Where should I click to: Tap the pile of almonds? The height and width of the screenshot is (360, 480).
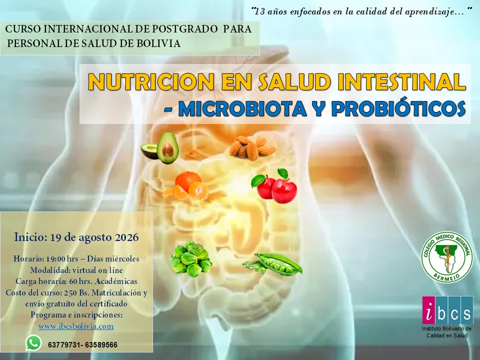252,148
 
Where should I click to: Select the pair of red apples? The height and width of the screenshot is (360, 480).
274,186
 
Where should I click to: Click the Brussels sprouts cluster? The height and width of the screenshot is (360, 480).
190,258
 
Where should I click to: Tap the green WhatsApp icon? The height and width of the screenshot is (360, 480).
33,343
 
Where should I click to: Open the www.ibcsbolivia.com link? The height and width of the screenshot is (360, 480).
76,326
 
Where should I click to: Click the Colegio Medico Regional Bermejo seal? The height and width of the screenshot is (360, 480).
446,257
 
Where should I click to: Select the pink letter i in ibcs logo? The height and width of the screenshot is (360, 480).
429,310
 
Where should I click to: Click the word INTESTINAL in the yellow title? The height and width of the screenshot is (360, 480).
401,81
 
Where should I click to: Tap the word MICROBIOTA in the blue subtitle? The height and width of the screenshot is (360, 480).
242,108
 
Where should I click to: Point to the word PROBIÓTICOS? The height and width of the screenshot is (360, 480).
398,107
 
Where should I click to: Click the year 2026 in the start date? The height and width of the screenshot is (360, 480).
126,237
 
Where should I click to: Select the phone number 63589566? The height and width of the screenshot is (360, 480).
101,345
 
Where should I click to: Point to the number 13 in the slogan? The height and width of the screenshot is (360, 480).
260,11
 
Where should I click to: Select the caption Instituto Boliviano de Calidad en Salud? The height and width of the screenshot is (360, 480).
446,332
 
